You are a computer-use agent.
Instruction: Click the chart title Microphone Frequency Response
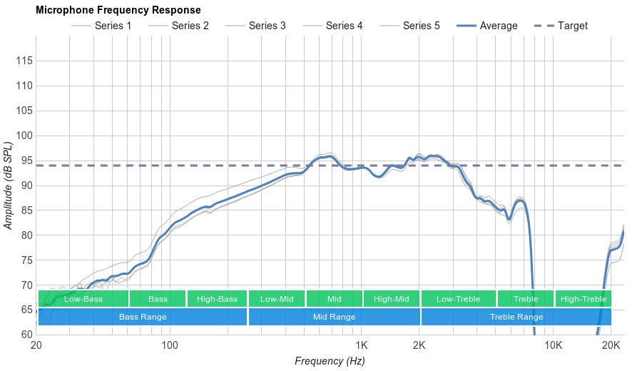(x=118, y=10)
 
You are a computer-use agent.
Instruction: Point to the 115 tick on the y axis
(x=25, y=61)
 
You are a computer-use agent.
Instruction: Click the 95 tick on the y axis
(x=25, y=161)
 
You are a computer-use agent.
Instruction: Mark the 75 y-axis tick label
(x=25, y=260)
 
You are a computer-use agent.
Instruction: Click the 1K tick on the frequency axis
(x=360, y=346)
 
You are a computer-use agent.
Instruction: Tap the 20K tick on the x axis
(x=611, y=346)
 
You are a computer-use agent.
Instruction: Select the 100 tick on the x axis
(x=170, y=346)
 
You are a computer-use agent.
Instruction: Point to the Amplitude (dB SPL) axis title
(x=9, y=185)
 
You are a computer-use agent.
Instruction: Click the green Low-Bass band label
(x=83, y=299)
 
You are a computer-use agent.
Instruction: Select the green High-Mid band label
(x=392, y=299)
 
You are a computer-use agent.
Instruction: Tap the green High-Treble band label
(x=584, y=299)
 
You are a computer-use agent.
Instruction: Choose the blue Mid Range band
(x=334, y=317)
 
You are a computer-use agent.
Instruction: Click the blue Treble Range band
(x=516, y=317)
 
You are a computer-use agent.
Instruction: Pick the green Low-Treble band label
(x=459, y=299)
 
